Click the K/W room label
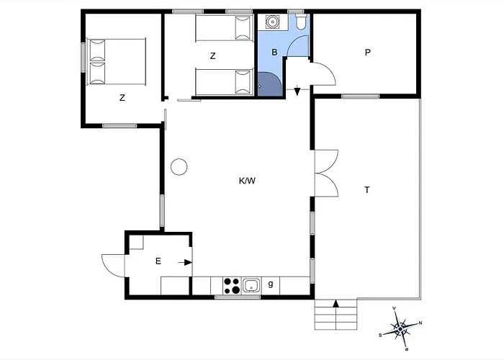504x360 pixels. tap(247, 181)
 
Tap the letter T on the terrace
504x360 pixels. tap(366, 190)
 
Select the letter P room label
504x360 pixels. tap(368, 52)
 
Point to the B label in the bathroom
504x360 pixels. tap(274, 52)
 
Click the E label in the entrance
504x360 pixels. tap(158, 261)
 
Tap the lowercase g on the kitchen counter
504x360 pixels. tap(271, 284)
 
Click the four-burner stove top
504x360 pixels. tap(232, 286)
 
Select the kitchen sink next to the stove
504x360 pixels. tap(251, 285)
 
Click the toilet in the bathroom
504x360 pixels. tap(301, 22)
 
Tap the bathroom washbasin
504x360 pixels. tap(272, 22)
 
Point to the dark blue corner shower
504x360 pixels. tap(270, 84)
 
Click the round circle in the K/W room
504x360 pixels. tap(179, 167)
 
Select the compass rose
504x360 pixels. tap(400, 329)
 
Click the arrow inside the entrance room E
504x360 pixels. tap(186, 263)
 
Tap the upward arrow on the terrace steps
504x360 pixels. tap(336, 303)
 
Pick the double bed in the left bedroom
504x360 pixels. tap(117, 62)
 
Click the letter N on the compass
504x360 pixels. tap(420, 323)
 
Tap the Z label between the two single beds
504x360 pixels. tap(213, 56)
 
